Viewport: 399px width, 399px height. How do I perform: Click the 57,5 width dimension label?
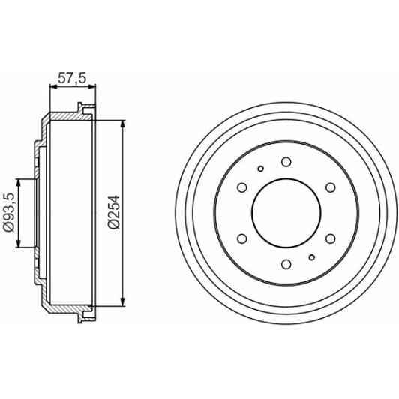click(x=73, y=76)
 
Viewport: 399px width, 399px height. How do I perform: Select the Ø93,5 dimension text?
click(x=10, y=213)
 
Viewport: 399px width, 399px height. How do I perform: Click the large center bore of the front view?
click(x=286, y=212)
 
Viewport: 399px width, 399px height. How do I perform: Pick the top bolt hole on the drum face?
click(x=286, y=161)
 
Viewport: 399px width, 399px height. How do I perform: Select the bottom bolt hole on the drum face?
click(x=286, y=263)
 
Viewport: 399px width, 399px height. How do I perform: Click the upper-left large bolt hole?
click(x=241, y=187)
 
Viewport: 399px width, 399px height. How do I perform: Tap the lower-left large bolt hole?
click(x=241, y=238)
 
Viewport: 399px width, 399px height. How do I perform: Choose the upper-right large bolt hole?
click(x=330, y=187)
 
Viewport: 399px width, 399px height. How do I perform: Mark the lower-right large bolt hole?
click(x=330, y=238)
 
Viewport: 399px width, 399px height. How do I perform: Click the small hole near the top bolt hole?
click(x=259, y=169)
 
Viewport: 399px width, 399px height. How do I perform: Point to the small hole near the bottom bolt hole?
click(x=312, y=256)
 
